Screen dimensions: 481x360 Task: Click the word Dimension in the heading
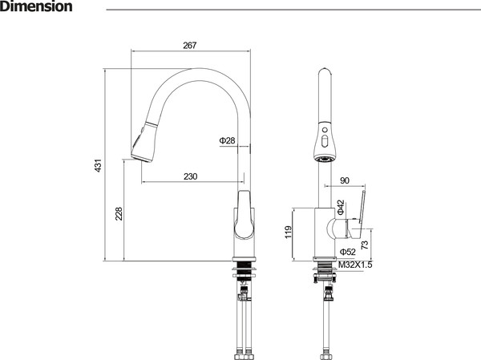36,6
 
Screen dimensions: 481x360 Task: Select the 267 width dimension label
189,46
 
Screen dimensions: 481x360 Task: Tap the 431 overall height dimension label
98,165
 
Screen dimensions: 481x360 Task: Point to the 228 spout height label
119,213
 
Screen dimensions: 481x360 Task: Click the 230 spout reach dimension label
191,176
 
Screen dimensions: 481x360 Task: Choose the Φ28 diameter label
227,140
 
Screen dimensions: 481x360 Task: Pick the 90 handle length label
345,180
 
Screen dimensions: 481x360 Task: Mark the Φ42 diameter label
341,207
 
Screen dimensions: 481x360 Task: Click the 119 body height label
289,232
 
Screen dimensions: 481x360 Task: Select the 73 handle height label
365,245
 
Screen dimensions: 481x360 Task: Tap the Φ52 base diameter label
348,252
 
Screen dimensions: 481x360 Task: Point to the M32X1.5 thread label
355,265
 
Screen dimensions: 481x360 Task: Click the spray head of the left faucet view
143,141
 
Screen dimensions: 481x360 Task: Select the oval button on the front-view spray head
324,141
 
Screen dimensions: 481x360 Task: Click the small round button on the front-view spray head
324,130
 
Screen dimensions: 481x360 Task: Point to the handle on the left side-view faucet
245,214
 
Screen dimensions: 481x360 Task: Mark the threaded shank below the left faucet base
244,265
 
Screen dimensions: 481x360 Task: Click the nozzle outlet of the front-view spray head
324,159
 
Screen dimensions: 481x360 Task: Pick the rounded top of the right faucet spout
324,71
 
